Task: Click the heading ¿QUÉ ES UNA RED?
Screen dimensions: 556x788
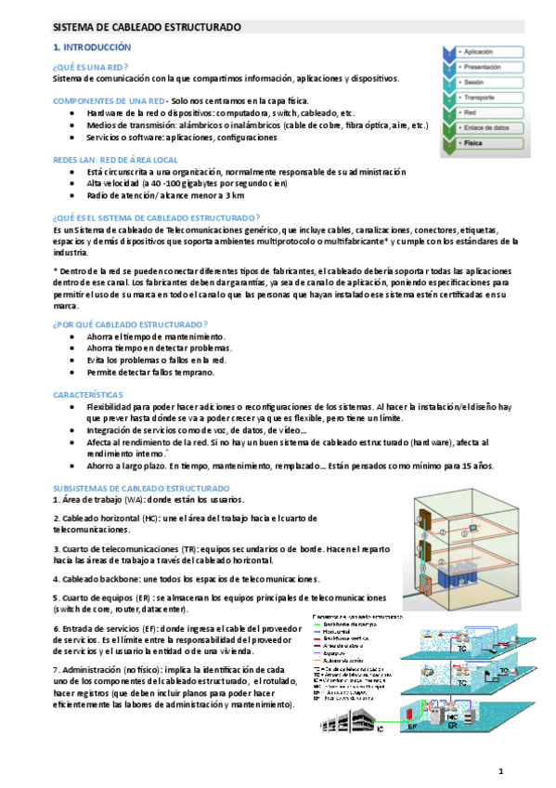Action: pos(90,67)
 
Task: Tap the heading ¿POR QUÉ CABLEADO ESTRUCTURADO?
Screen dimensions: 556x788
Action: pos(130,323)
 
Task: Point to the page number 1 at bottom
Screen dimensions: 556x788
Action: pos(499,771)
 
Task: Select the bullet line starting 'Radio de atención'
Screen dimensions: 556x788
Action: pos(165,196)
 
